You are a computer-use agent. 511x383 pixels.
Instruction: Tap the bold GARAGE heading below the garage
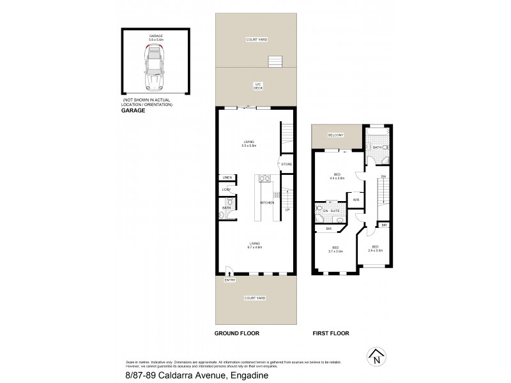pyautogui.click(x=134, y=110)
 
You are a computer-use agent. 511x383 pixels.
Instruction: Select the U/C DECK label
pyautogui.click(x=258, y=86)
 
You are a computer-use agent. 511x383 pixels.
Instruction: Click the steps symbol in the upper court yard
pyautogui.click(x=275, y=62)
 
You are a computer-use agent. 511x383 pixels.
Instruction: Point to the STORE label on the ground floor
pyautogui.click(x=286, y=165)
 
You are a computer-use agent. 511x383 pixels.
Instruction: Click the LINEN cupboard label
pyautogui.click(x=226, y=177)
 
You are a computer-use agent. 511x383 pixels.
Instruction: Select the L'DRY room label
pyautogui.click(x=226, y=190)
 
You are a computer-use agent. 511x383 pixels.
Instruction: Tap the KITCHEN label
pyautogui.click(x=266, y=203)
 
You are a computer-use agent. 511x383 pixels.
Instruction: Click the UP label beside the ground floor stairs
pyautogui.click(x=287, y=210)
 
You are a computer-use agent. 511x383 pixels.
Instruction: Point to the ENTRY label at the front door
pyautogui.click(x=229, y=280)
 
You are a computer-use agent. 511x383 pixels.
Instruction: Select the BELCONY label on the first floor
pyautogui.click(x=336, y=135)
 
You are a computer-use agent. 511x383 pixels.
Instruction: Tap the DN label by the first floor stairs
pyautogui.click(x=383, y=177)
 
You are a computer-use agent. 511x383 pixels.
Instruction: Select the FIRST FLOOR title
pyautogui.click(x=330, y=333)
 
